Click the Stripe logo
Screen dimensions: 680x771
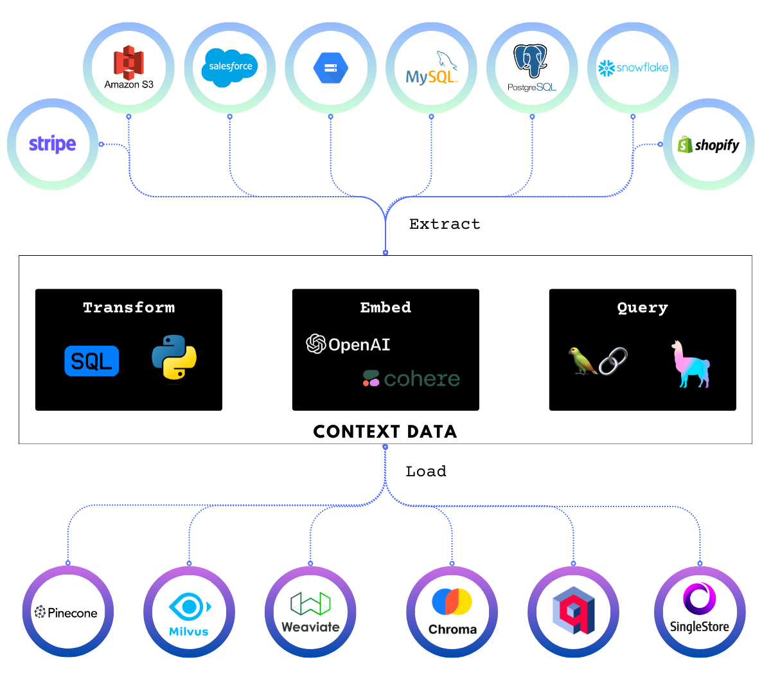click(52, 145)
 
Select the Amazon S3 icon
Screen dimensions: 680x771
click(128, 67)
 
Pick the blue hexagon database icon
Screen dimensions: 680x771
click(330, 67)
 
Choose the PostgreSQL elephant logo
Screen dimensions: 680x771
click(532, 67)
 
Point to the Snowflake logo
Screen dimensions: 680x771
click(633, 67)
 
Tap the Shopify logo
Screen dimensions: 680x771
click(709, 145)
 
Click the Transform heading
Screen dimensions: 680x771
click(128, 308)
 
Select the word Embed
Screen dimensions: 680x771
click(385, 308)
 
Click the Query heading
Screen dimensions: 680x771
click(642, 308)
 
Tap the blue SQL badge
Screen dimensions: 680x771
click(92, 361)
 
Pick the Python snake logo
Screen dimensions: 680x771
click(174, 359)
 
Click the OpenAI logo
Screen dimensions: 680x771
click(348, 344)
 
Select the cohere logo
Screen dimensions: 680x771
click(411, 379)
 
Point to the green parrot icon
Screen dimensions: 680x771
click(583, 361)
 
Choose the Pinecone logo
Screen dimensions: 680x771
click(66, 613)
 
